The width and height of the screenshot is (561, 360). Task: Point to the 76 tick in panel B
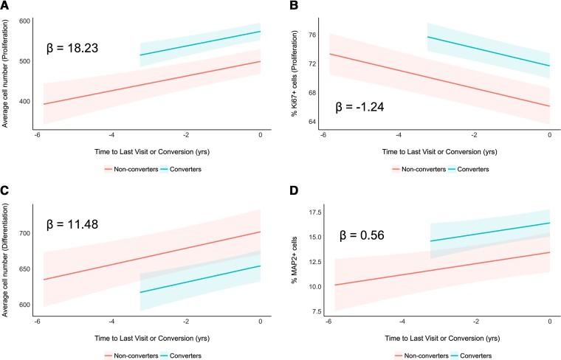point(310,35)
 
